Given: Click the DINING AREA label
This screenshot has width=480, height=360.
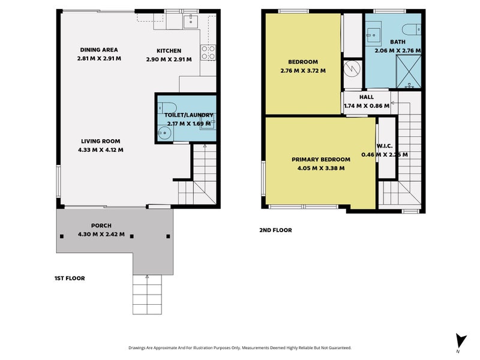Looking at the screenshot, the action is tap(99, 50).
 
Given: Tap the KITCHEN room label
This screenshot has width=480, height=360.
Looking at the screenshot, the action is tap(169, 51).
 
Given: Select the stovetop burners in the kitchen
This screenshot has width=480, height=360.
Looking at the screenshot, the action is tap(208, 52).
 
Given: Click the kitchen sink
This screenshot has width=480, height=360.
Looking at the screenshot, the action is tap(191, 21).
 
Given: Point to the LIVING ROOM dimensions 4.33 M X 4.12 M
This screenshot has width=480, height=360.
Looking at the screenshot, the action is tap(101, 150).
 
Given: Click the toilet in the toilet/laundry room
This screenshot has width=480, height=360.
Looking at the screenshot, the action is tap(167, 108).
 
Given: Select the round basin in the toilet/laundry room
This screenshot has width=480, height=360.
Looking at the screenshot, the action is tap(164, 133).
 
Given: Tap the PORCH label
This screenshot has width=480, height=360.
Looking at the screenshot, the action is tap(101, 226).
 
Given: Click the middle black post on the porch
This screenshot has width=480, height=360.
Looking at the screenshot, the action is tap(132, 236).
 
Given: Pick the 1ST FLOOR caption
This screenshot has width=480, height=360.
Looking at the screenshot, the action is tap(70, 278).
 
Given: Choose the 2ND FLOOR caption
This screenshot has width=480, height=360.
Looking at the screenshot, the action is tap(275, 230).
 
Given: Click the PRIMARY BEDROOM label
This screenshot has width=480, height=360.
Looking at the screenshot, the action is tap(321, 160).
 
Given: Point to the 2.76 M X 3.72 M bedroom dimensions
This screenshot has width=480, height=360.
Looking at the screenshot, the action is tap(303, 71).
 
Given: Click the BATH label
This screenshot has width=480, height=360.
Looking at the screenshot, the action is tap(398, 42).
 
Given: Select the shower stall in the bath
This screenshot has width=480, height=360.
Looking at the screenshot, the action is tap(409, 71).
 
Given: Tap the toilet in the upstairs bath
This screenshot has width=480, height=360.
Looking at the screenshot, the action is tap(412, 29).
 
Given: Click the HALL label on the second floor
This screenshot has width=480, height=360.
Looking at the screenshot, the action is tap(367, 97).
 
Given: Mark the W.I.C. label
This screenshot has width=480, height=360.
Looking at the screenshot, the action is tap(385, 146).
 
